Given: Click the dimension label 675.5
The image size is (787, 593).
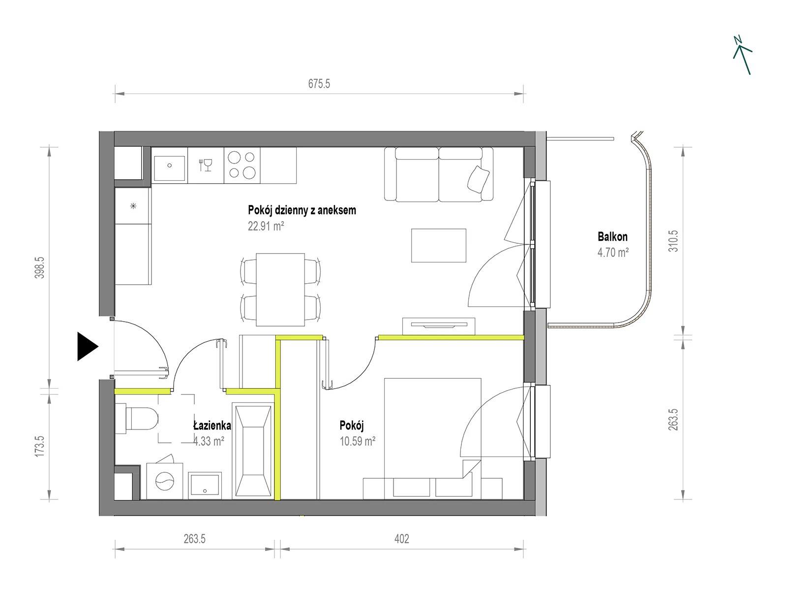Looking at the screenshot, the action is click(319, 84).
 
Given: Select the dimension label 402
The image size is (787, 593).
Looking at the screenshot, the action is click(401, 539).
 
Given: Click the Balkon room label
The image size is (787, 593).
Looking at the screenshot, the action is click(612, 236).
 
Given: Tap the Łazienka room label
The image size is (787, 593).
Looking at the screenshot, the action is click(212, 426).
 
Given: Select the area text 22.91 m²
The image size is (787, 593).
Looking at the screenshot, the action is click(266, 226).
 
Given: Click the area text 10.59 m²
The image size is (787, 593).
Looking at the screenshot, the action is click(358, 441).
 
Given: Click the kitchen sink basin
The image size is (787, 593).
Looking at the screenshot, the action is click(169, 168).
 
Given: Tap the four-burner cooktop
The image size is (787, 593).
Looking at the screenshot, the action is click(242, 165).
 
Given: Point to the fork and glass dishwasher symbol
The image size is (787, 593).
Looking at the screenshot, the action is click(206, 165).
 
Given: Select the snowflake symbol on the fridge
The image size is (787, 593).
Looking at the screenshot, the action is click(133, 206).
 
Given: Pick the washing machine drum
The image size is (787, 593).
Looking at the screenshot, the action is click(165, 481).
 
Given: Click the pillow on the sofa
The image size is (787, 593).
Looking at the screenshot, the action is click(479, 179).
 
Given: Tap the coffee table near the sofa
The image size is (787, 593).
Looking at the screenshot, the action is click(438, 246).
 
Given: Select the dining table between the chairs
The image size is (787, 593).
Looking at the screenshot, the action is click(280, 290).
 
